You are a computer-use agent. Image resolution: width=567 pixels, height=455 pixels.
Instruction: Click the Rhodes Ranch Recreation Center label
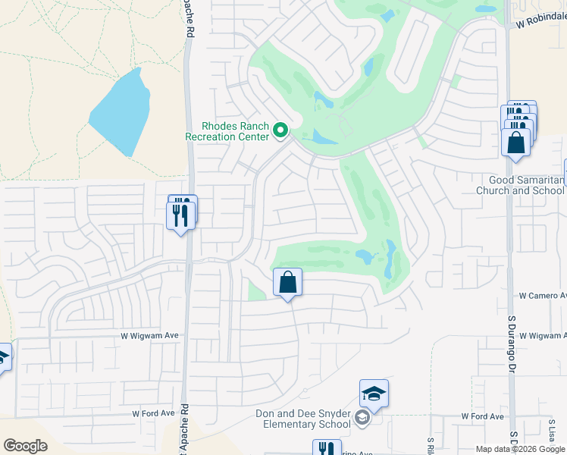tap(227, 131)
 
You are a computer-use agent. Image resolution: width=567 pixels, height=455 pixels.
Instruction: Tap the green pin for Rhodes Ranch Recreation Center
tap(280, 131)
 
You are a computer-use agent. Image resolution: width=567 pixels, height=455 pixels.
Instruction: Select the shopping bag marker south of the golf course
tap(288, 283)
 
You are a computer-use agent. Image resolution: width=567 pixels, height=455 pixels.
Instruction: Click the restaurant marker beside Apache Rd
tap(180, 215)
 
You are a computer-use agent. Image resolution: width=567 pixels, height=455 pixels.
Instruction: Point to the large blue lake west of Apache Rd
tap(121, 112)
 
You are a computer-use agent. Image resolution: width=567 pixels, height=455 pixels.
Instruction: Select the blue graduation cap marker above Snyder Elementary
tap(374, 394)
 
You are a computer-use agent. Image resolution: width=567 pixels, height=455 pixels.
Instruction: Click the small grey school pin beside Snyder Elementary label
tap(363, 417)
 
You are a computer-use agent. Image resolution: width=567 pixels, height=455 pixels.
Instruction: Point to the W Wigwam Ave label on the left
tap(149, 334)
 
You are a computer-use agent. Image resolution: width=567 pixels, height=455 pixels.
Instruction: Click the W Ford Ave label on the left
tap(154, 414)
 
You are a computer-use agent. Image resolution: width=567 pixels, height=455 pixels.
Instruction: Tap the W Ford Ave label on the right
tap(483, 416)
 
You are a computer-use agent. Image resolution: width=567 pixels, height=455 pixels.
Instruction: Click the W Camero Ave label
tap(542, 295)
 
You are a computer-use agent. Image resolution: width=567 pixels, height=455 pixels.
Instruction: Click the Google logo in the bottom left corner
tap(26, 445)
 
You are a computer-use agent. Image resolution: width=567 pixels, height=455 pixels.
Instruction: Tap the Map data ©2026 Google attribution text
tap(519, 449)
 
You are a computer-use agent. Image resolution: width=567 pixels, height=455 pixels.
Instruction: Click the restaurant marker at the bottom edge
tap(327, 448)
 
